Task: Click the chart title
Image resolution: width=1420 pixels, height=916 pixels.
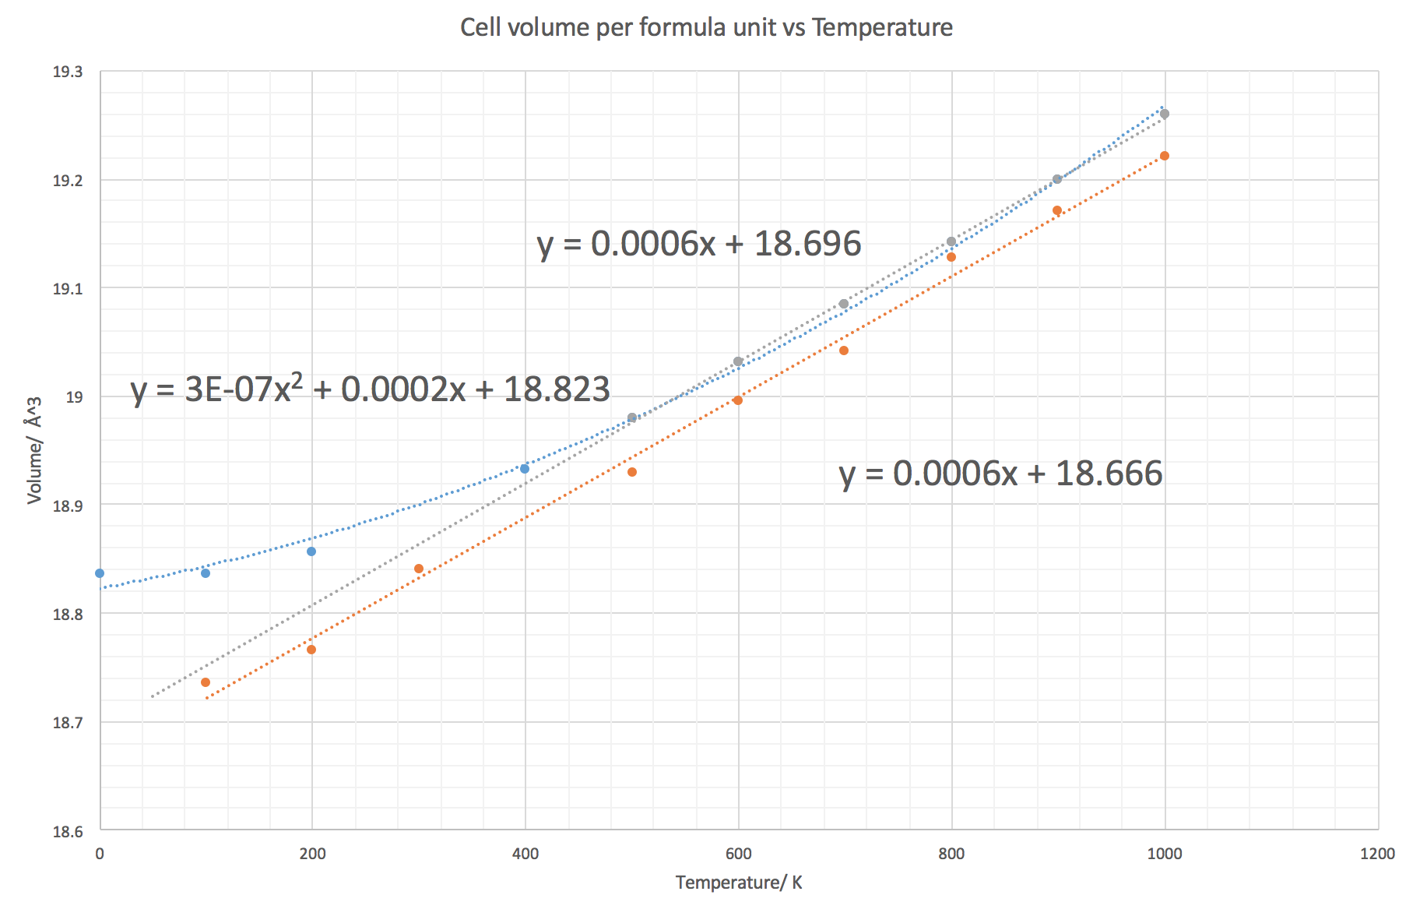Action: click(706, 28)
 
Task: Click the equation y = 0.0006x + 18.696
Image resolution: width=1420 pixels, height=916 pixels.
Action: click(699, 244)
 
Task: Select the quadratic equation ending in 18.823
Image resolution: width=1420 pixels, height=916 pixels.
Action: click(370, 389)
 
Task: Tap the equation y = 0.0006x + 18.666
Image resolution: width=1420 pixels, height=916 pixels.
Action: click(1000, 474)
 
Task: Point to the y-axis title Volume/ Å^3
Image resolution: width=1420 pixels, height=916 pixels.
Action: click(33, 450)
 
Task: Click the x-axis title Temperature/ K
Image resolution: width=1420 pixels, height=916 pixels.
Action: click(738, 883)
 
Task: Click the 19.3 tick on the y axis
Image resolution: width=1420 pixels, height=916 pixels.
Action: click(67, 72)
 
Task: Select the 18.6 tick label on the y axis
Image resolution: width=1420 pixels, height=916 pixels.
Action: click(67, 832)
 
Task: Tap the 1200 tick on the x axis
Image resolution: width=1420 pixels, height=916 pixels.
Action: click(1377, 854)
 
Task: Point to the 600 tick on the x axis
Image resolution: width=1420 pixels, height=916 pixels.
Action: click(738, 854)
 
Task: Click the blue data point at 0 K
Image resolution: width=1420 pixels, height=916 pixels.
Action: click(100, 573)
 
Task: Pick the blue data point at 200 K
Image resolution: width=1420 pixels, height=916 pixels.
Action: click(311, 551)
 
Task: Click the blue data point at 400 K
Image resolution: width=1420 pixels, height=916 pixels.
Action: click(525, 469)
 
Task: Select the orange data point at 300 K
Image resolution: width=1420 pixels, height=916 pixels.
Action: click(419, 569)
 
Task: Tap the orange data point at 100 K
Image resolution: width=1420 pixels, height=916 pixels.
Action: click(206, 682)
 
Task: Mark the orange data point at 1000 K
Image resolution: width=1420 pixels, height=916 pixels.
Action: click(1165, 156)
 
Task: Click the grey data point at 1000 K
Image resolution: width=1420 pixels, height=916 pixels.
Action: click(1165, 114)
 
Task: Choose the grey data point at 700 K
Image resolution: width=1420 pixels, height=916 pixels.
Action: click(844, 304)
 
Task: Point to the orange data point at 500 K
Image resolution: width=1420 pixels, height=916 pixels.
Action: click(632, 472)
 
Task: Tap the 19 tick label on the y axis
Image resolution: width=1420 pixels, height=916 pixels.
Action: click(74, 397)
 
